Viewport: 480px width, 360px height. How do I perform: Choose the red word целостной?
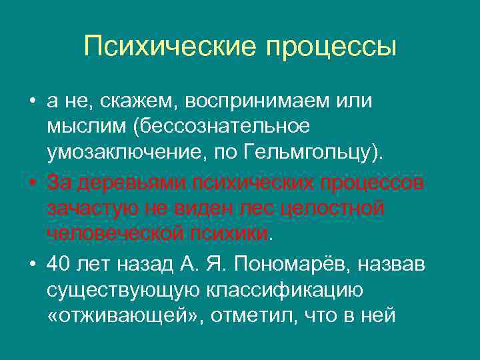(x=333, y=208)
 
